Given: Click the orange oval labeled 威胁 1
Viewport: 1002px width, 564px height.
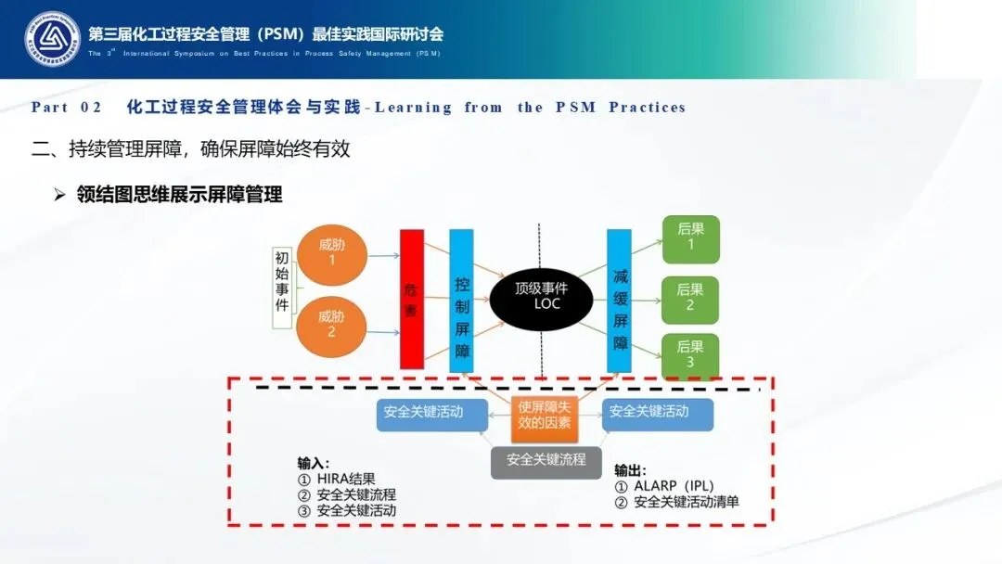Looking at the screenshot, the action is pyautogui.click(x=331, y=254).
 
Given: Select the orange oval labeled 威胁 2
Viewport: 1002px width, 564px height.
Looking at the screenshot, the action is pyautogui.click(x=331, y=323).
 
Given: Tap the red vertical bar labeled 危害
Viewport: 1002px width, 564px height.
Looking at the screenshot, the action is pyautogui.click(x=411, y=299).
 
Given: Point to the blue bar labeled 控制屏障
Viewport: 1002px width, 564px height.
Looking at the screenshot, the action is pyautogui.click(x=461, y=301).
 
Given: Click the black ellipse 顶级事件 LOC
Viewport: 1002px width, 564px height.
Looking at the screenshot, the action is pyautogui.click(x=541, y=295).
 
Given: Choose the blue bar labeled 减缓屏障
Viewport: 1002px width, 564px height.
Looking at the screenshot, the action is pyautogui.click(x=620, y=301).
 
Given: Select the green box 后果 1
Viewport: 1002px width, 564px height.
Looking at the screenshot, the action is pyautogui.click(x=690, y=238).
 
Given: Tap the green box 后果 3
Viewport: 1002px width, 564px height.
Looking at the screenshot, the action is pyautogui.click(x=690, y=355).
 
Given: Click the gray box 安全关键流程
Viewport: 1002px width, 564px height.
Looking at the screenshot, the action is pyautogui.click(x=546, y=459).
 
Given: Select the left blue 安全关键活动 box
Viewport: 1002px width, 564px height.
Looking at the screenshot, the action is pyautogui.click(x=423, y=412).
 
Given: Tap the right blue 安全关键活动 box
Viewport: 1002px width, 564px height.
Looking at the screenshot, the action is pyautogui.click(x=658, y=412).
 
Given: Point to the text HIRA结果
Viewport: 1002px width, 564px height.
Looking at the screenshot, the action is pyautogui.click(x=345, y=480).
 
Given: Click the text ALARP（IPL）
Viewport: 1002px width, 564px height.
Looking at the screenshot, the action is pyautogui.click(x=671, y=486).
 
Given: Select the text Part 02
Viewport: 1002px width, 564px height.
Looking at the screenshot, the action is pyautogui.click(x=66, y=108).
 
